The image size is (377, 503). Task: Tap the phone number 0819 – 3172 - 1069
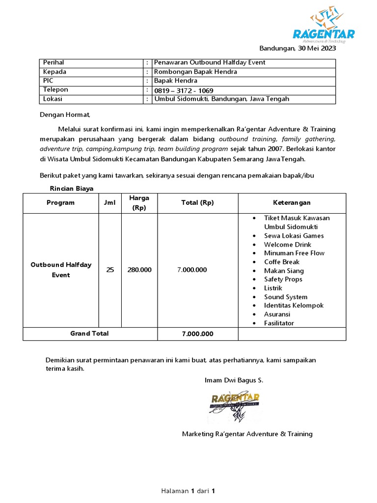(x=184, y=90)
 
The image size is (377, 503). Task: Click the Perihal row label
(x=54, y=63)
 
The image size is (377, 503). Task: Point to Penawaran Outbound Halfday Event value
(x=210, y=63)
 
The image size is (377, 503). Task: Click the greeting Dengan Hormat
(x=65, y=115)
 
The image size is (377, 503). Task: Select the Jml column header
(x=110, y=203)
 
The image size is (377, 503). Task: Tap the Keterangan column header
(x=292, y=203)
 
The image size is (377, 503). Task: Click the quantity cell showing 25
(x=110, y=270)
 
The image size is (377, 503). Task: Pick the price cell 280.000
(x=139, y=270)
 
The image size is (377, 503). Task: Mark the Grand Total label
(x=89, y=334)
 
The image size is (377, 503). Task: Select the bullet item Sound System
(x=286, y=297)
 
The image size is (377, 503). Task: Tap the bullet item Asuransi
(x=277, y=314)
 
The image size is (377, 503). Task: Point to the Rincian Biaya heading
(x=71, y=188)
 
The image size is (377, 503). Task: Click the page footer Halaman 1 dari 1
(x=188, y=491)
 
